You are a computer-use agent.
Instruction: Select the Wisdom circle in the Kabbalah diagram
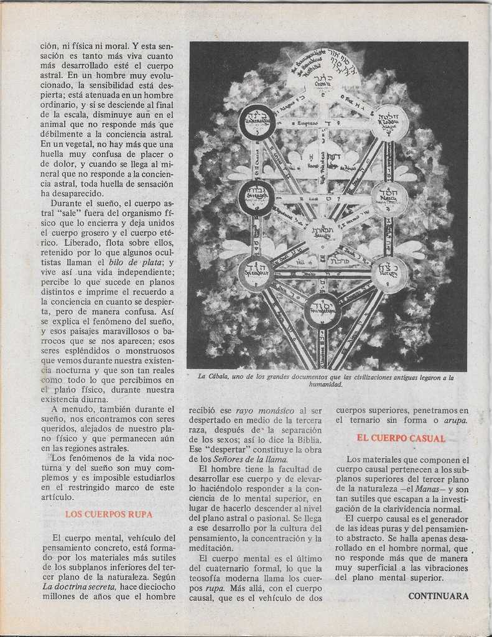(390, 123)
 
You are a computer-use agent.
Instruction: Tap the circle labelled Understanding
(257, 122)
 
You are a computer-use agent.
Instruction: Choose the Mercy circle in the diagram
(390, 198)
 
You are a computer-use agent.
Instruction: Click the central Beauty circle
(323, 236)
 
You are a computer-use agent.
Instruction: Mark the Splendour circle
(256, 274)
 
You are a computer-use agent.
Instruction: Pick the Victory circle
(390, 274)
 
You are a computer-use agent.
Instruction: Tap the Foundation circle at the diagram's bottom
(322, 311)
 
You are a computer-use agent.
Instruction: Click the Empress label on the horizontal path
(308, 123)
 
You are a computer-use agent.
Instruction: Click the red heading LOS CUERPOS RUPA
(108, 514)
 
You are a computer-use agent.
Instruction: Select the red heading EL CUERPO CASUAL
(401, 438)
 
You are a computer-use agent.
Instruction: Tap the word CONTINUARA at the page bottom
(439, 596)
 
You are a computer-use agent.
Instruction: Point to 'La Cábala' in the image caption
(212, 377)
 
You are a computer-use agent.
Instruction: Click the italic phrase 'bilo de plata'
(145, 262)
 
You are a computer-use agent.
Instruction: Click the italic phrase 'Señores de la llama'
(251, 459)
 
